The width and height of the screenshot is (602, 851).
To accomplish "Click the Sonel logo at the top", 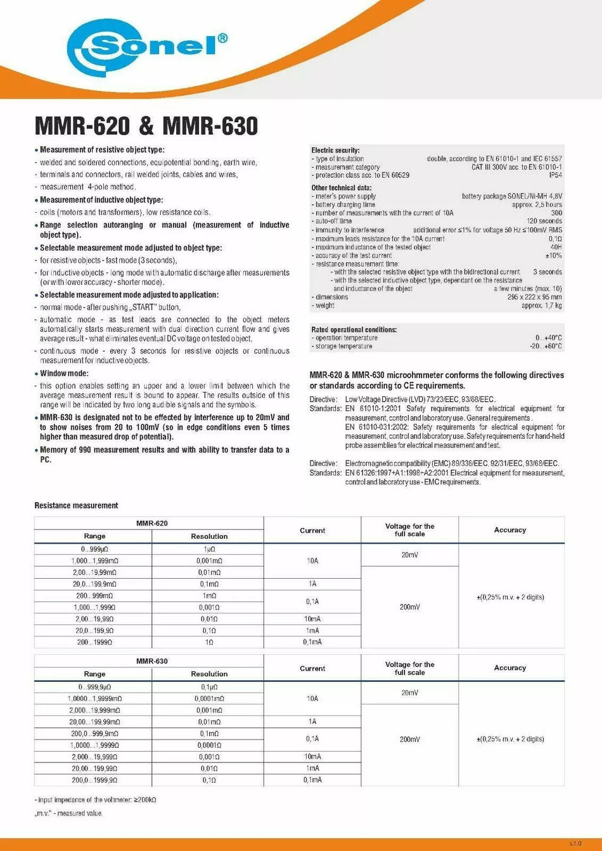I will tap(147, 46).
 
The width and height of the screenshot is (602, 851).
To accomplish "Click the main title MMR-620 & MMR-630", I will tap(146, 126).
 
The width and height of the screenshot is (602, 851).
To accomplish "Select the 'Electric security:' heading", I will tap(335, 150).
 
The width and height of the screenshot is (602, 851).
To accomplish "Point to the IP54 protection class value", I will tap(554, 175).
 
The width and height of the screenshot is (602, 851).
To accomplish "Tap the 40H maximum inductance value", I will tap(556, 247).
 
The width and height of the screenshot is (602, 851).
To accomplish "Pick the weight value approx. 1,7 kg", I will tap(541, 305).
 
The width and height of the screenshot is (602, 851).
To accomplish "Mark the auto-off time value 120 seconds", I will tap(544, 221).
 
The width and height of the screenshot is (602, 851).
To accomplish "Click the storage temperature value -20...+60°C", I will tap(545, 346).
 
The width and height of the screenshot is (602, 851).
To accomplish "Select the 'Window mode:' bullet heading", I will tap(64, 374).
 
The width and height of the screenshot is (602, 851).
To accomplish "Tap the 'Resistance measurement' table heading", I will tap(76, 505).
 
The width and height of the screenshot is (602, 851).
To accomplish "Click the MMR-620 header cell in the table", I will tap(152, 524).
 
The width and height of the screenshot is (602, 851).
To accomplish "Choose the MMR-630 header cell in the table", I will tap(152, 661).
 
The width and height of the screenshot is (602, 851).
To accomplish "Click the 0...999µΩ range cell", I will tap(94, 549).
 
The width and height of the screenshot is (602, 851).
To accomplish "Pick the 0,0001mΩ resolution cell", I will tap(209, 698).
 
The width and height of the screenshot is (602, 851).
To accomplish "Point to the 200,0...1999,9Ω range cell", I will tap(94, 780).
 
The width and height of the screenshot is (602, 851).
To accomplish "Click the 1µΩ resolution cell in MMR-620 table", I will tap(209, 549).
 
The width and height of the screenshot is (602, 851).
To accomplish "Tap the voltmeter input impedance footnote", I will tap(95, 800).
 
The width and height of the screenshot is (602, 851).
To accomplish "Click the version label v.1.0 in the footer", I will tap(574, 843).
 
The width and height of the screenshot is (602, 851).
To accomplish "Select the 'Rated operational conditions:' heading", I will tap(354, 329).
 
